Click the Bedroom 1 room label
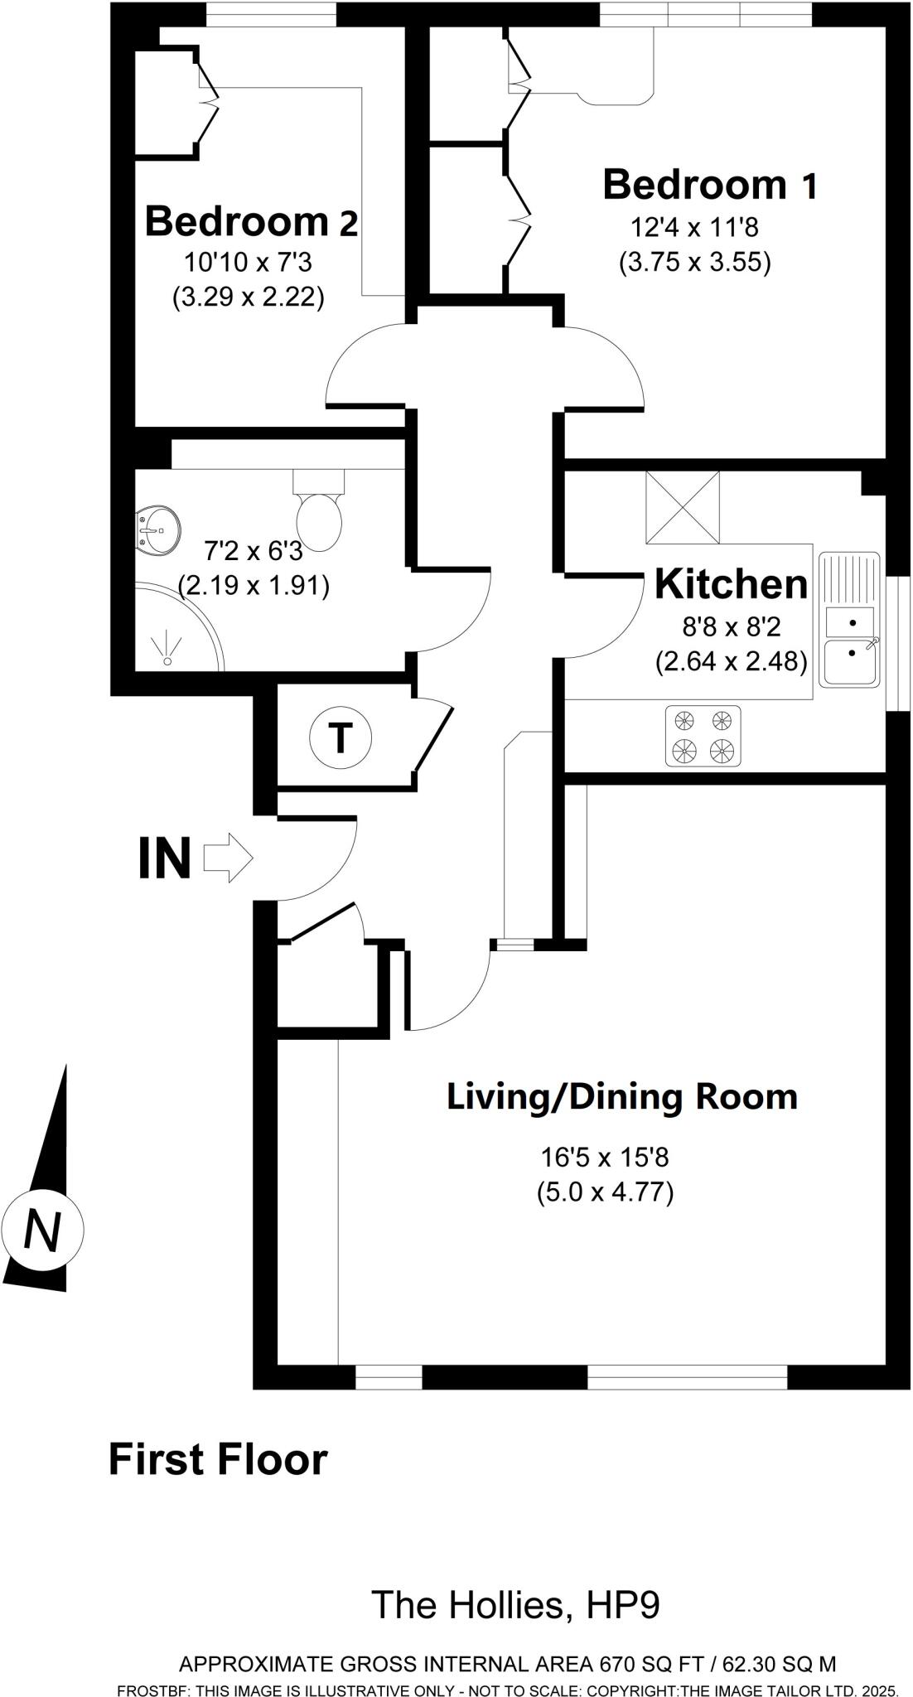click(710, 184)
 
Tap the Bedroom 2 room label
click(251, 221)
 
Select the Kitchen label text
click(731, 584)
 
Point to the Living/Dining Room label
click(622, 1096)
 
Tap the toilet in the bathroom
click(319, 514)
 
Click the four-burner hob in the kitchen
click(703, 735)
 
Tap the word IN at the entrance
click(164, 858)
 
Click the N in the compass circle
click(42, 1230)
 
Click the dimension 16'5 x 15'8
click(605, 1156)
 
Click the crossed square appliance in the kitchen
click(683, 507)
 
